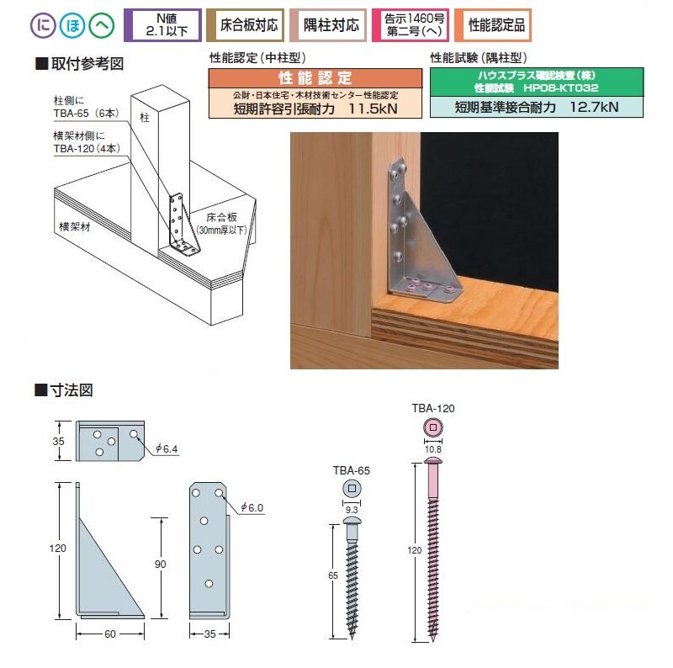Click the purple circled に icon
43,25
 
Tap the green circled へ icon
101,25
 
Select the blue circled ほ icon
72,25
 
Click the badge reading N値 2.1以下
162,25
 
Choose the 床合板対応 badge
245,25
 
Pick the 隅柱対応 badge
328,25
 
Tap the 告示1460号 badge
411,25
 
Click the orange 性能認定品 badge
493,25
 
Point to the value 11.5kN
373,109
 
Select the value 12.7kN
594,107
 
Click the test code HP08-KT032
561,88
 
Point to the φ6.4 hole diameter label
167,448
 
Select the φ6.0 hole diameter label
252,507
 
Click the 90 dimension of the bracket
160,565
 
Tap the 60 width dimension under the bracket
110,634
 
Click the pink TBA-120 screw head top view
433,427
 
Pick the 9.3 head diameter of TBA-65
352,510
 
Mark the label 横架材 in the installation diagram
75,226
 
